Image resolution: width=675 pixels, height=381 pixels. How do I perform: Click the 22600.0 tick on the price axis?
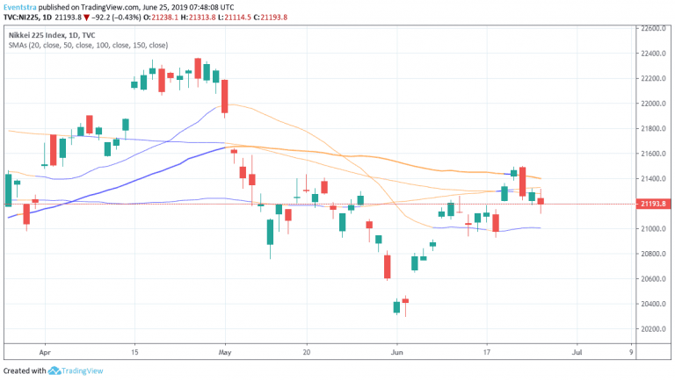[650, 28]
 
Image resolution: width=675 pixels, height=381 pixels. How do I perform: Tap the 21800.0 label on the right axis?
[650, 129]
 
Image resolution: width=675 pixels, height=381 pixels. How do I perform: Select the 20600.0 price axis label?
[650, 279]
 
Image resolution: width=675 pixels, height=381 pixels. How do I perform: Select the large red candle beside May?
[225, 97]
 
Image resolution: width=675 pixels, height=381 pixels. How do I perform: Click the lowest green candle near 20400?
[397, 306]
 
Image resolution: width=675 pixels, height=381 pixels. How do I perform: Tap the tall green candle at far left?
[8, 190]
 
